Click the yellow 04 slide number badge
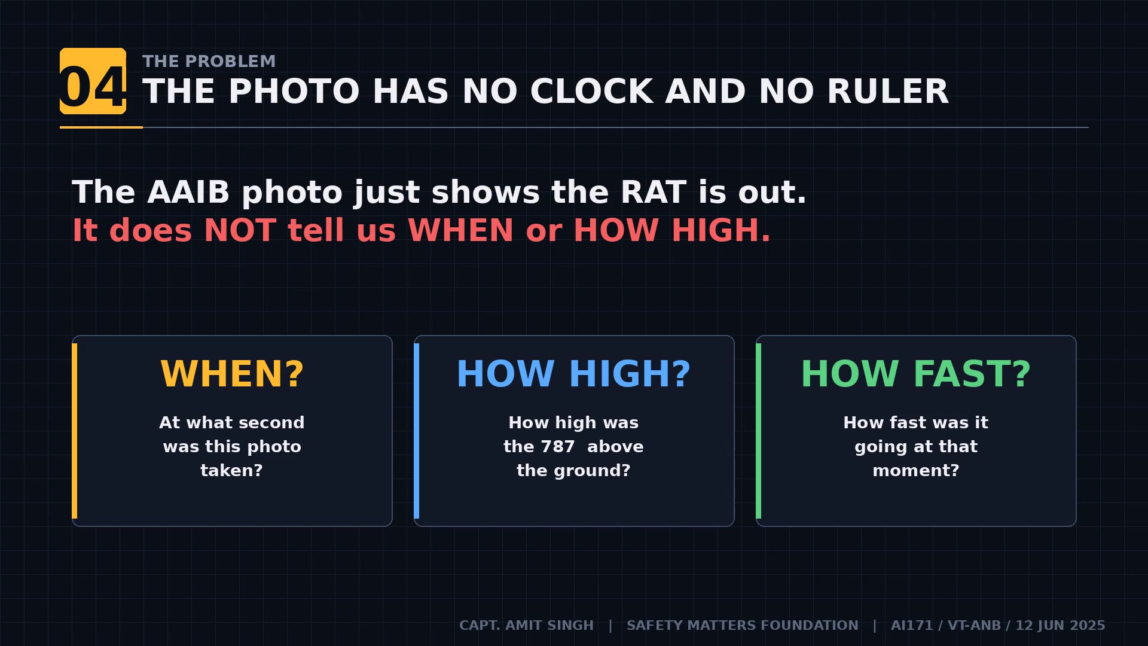point(93,81)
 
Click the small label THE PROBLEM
point(209,61)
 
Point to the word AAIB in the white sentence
point(188,193)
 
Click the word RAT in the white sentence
point(653,193)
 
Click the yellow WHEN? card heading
point(232,374)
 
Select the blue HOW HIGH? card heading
point(573,374)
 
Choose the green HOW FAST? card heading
point(915,374)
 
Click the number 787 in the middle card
point(557,447)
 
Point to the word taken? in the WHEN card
point(231,471)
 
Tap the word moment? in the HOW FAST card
point(915,471)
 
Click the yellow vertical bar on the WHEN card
point(75,431)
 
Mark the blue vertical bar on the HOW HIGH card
point(417,431)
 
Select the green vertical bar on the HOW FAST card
point(759,431)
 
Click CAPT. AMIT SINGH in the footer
point(526,626)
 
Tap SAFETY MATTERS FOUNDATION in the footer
point(742,626)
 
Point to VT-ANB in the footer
point(974,626)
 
